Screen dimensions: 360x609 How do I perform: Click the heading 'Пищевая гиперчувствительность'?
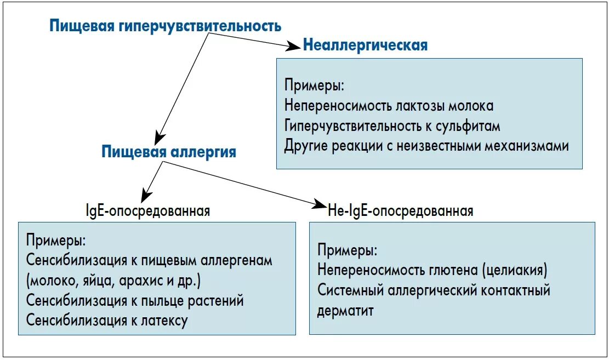[165, 26]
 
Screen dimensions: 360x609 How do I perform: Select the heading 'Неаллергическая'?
[365, 45]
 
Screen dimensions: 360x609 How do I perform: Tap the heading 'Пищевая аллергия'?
[169, 152]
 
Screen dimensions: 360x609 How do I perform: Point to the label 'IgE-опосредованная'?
[148, 211]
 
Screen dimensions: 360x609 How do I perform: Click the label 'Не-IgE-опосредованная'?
[400, 211]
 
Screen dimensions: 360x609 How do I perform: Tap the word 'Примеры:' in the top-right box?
[314, 86]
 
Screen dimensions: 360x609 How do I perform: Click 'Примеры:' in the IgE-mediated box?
[55, 240]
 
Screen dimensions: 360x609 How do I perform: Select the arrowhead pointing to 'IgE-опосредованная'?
[145, 197]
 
